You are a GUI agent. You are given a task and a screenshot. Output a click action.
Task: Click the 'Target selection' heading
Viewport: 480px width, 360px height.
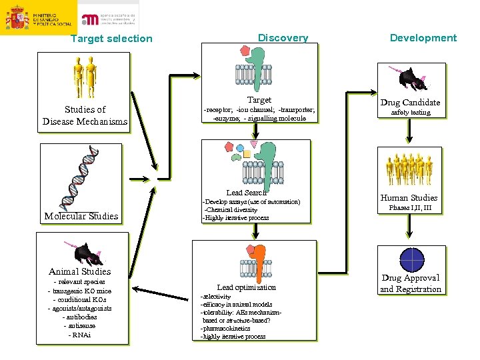[111, 39]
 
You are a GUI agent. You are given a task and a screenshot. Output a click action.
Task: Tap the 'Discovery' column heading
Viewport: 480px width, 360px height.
[283, 38]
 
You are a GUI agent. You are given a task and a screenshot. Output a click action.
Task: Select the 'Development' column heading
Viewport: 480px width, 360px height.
[423, 38]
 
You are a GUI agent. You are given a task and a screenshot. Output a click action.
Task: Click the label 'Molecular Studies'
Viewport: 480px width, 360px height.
[81, 216]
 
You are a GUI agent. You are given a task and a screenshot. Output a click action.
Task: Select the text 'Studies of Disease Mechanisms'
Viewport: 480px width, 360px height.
[85, 115]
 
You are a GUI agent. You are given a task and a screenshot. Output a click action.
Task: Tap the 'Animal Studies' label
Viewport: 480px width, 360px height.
[80, 271]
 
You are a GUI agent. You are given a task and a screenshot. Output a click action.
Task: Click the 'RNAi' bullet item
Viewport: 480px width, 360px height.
[80, 335]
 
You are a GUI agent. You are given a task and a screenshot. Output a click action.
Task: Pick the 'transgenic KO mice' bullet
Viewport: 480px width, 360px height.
[80, 291]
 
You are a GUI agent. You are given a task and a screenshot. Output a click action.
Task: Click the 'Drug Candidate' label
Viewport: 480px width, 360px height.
[410, 102]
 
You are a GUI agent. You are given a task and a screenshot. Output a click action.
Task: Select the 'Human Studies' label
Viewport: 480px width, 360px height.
[409, 197]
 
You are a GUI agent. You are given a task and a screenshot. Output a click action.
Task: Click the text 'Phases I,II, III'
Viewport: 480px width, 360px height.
[410, 208]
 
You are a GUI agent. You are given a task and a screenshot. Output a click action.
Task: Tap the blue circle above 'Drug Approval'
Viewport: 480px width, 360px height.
[411, 259]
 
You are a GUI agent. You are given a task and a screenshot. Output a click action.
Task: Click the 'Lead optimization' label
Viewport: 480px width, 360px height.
[246, 287]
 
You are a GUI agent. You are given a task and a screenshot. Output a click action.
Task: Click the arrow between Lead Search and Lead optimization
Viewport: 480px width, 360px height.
[255, 231]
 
